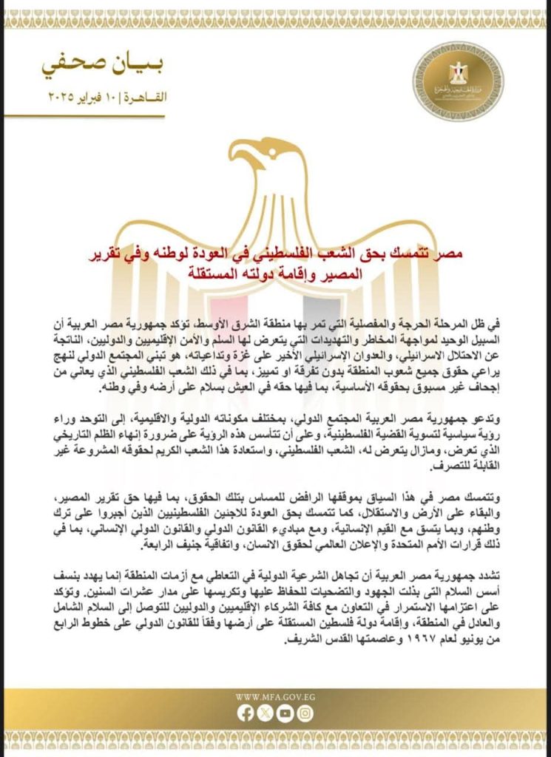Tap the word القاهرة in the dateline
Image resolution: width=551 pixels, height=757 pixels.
[x=149, y=98]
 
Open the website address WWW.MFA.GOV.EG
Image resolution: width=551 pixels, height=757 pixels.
[x=275, y=696]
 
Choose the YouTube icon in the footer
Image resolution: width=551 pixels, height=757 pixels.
[x=285, y=714]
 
